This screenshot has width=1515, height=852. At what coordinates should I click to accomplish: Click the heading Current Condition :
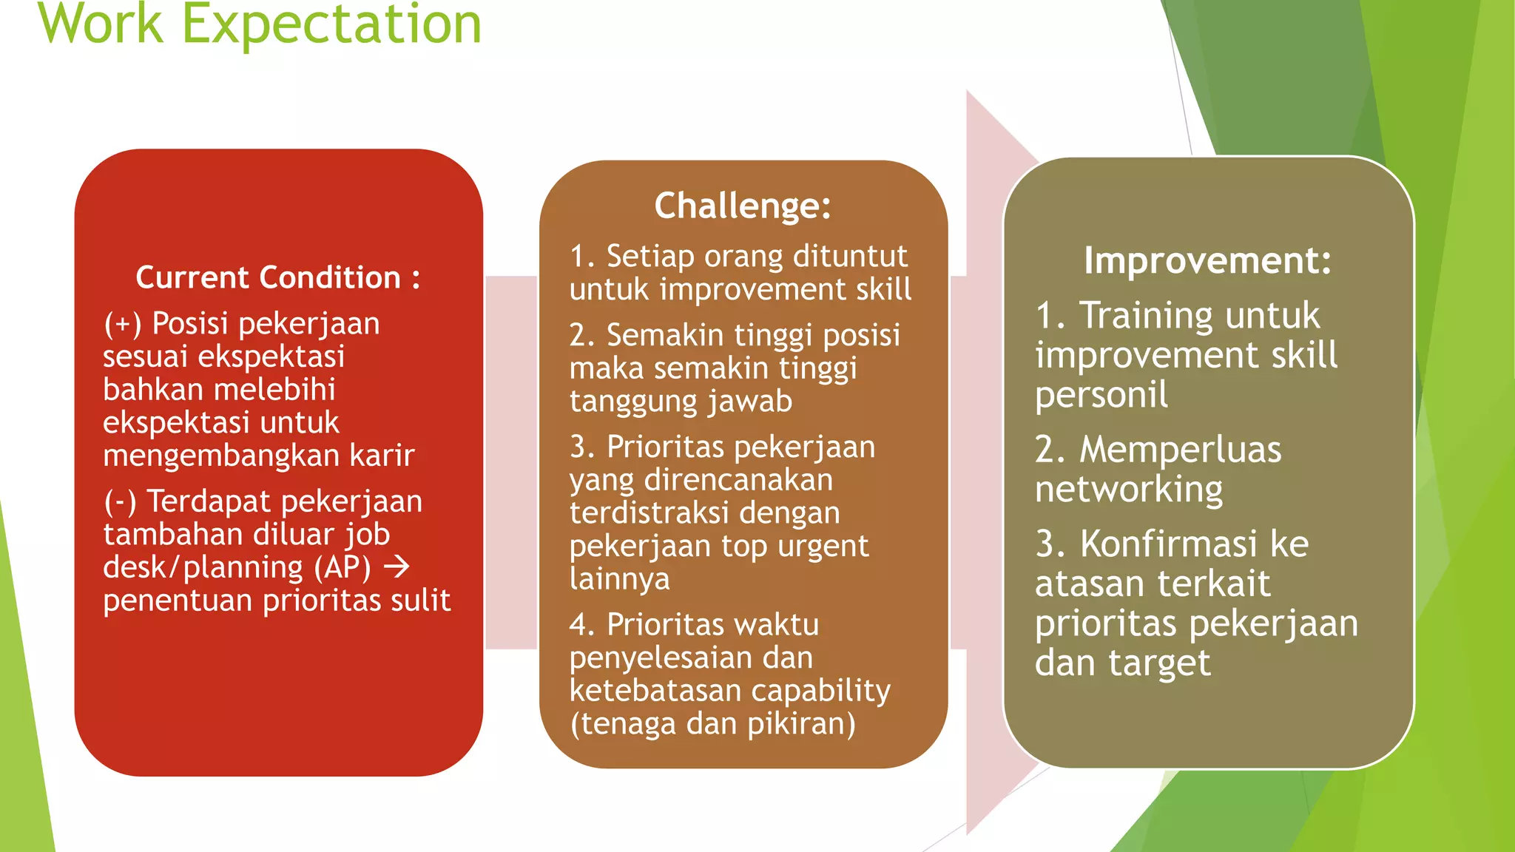pos(277,278)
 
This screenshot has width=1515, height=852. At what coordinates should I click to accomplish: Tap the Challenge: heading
pos(743,206)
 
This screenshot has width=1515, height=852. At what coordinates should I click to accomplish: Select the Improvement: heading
pos(1207,260)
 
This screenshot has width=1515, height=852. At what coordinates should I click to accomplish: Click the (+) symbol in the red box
pos(123,324)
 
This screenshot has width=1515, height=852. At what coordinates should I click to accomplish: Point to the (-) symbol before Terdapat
pos(120,502)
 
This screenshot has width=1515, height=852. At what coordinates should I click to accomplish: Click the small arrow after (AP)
pos(397,567)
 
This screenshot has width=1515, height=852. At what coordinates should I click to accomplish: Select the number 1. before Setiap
pos(582,257)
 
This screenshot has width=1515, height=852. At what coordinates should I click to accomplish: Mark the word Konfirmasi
pos(1168,544)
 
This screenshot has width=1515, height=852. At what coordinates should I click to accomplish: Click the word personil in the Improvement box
pos(1101,395)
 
